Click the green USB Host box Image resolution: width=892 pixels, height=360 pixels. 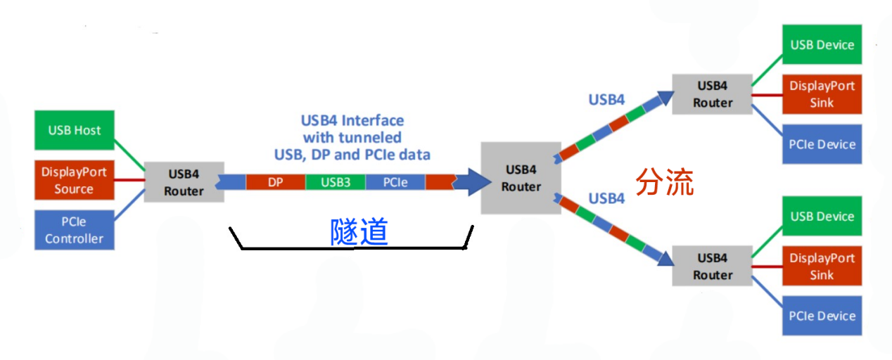[74, 130]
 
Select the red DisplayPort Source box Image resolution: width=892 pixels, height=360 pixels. [74, 180]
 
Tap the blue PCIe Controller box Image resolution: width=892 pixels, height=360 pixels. [74, 229]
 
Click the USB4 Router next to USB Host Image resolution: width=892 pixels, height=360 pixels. [184, 182]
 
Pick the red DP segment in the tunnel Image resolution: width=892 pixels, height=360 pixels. [275, 182]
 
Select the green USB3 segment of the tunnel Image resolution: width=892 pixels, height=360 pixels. [335, 182]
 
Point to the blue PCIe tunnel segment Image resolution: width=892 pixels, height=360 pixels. [395, 182]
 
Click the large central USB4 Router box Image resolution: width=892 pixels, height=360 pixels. [521, 178]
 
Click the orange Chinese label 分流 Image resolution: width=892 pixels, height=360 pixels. [665, 182]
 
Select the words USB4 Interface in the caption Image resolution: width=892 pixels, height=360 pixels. [352, 120]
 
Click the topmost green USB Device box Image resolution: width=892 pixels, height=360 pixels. [822, 45]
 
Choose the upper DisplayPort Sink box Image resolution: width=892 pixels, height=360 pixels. [822, 94]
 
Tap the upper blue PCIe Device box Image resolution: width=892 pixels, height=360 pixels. [822, 144]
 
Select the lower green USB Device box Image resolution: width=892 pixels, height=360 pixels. [822, 217]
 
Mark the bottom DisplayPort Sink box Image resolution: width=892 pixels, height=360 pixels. [822, 266]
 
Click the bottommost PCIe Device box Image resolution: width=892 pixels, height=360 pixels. [822, 316]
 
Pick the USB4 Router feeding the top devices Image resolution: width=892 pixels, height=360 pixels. [712, 94]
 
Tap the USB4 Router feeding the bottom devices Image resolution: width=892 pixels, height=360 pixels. [712, 266]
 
